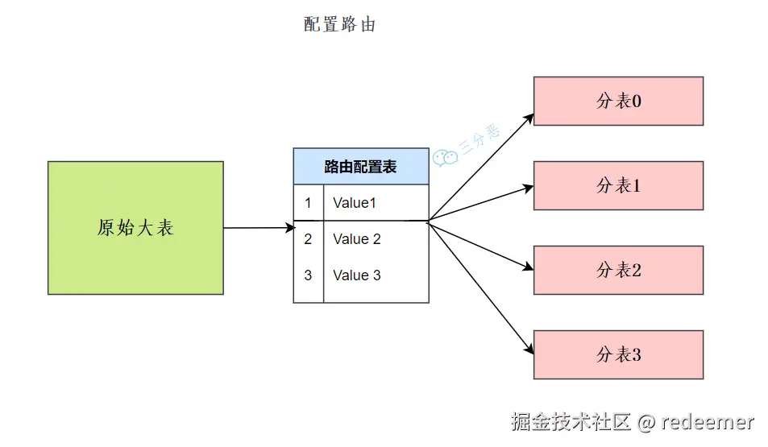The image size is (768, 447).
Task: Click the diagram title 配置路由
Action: tap(339, 25)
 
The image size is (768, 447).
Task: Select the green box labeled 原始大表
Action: tap(135, 228)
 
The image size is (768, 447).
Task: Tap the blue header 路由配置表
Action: tap(360, 167)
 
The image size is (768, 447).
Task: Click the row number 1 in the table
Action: tap(308, 203)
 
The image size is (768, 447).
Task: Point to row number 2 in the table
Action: tap(308, 239)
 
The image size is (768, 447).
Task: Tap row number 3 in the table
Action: tap(308, 275)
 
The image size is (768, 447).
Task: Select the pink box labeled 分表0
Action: tap(618, 101)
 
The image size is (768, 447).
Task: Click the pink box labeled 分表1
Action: tap(618, 186)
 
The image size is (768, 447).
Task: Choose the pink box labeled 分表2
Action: tap(618, 271)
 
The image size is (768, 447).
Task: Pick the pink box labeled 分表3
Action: tap(618, 355)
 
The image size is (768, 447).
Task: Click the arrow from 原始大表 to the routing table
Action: tap(258, 228)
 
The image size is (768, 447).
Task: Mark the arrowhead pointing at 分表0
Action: tap(529, 116)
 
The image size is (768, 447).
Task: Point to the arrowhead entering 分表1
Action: tap(528, 188)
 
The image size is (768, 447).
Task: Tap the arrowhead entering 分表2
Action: tap(528, 268)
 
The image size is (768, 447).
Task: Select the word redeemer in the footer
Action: tap(708, 421)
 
